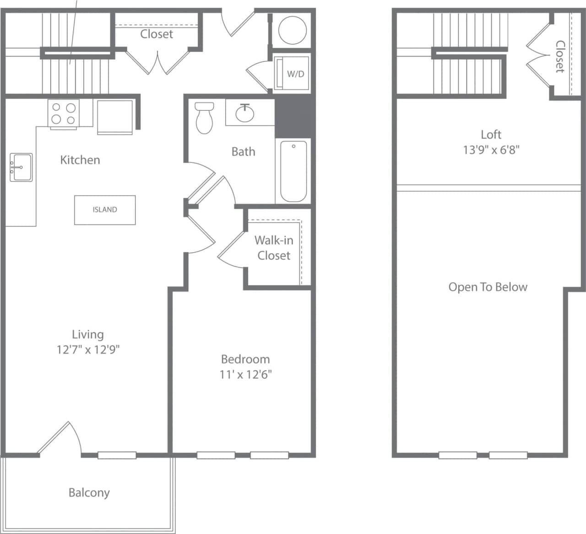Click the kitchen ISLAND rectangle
tap(105, 210)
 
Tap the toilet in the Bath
tap(204, 118)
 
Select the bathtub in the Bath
tap(293, 171)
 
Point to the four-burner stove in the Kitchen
tap(63, 114)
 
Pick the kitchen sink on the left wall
tap(21, 167)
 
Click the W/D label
tap(295, 74)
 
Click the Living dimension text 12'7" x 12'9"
tap(88, 350)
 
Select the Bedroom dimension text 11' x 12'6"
tap(245, 375)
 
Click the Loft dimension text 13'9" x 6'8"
tap(491, 150)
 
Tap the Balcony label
tap(89, 493)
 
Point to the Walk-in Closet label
tap(274, 248)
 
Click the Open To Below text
tap(488, 287)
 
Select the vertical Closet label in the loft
tap(560, 56)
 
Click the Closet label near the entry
tap(157, 34)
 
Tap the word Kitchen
tap(80, 160)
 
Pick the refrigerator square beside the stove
tap(115, 116)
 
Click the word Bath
tap(243, 152)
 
